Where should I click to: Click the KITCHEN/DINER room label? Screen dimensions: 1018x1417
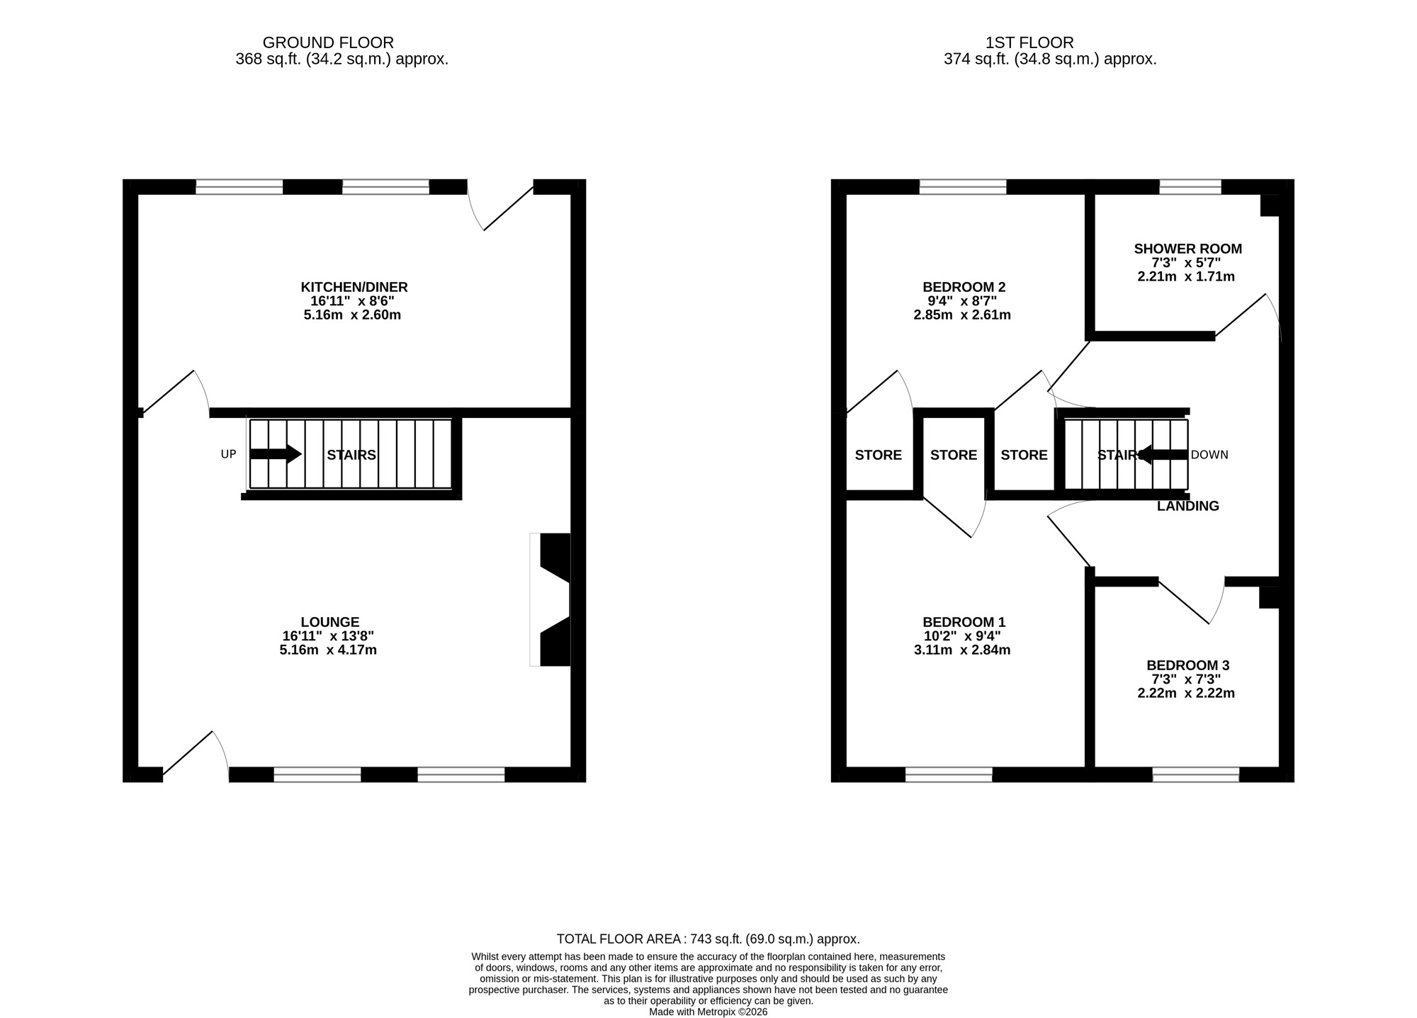coord(354,287)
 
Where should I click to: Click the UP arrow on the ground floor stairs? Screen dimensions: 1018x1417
coord(276,454)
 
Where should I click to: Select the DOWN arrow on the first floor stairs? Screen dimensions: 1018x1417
coord(1163,455)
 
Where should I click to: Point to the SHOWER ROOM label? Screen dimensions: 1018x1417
coord(1187,249)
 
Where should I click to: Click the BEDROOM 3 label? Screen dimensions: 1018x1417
coord(1187,665)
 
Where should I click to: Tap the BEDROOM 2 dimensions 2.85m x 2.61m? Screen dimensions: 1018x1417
coord(962,315)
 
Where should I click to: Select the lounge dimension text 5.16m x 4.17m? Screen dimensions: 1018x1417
coord(327,650)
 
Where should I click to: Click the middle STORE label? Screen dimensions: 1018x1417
coord(953,456)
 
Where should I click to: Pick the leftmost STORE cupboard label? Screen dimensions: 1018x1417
coord(878,456)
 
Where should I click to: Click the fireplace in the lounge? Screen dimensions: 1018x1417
coord(553,599)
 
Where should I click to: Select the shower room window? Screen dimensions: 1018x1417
coord(1190,187)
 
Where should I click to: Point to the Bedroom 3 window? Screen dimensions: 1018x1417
coord(1195,774)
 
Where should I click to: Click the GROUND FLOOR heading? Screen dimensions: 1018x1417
coord(328,43)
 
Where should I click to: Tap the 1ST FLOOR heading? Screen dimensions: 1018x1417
coord(1029,43)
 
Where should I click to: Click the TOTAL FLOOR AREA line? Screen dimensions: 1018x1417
coord(708,939)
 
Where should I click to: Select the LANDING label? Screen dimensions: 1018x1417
coord(1187,507)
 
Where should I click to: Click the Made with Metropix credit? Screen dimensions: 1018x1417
coord(708,1012)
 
